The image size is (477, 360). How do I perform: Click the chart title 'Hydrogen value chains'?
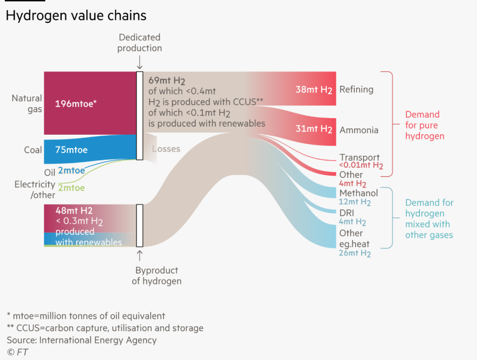[x=76, y=16]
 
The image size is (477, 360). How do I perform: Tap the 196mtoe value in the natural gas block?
[x=76, y=104]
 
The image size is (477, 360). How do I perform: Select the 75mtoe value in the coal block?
[x=71, y=150]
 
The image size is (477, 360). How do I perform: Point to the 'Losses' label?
[x=166, y=149]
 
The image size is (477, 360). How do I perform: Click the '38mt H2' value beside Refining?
[x=314, y=90]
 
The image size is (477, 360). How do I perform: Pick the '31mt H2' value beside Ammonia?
[x=314, y=129]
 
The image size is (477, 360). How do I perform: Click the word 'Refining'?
[x=356, y=89]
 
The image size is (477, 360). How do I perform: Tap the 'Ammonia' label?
[x=359, y=130]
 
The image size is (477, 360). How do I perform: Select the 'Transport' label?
[x=359, y=157]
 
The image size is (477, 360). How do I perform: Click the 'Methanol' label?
[x=359, y=193]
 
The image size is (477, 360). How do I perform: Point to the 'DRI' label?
[x=347, y=213]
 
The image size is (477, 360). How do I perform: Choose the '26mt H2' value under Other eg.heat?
[x=355, y=253]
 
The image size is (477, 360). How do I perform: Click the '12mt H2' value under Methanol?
[x=355, y=202]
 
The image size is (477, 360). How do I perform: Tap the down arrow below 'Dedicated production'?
[x=139, y=62]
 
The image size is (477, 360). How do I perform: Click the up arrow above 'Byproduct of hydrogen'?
[x=139, y=256]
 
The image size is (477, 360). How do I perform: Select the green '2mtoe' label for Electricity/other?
[x=71, y=188]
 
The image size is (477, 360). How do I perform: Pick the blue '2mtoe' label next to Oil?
[x=71, y=170]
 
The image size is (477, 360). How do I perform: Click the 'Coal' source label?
[x=33, y=150]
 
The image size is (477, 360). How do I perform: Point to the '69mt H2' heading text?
[x=167, y=80]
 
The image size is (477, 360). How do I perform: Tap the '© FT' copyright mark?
[x=18, y=352]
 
